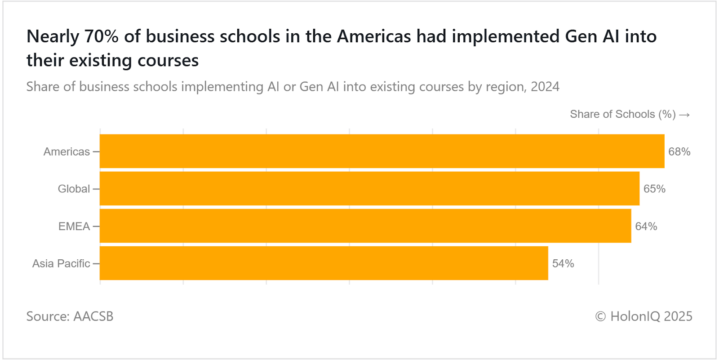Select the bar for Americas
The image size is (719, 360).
[x=382, y=151]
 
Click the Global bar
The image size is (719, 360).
[x=369, y=188]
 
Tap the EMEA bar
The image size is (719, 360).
[x=365, y=226]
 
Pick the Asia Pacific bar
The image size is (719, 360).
[x=324, y=263]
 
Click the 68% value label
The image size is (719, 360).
[x=679, y=151]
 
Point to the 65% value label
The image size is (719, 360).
[x=654, y=189]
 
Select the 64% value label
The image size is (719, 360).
[x=646, y=226]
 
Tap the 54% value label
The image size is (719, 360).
[x=563, y=263]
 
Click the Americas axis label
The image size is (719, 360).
[x=67, y=151]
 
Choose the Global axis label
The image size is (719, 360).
[x=74, y=189]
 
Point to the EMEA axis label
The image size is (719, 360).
[x=74, y=226]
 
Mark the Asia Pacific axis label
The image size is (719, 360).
[x=61, y=263]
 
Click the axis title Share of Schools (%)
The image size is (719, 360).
[x=622, y=114]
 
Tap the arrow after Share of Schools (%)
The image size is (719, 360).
[x=684, y=115]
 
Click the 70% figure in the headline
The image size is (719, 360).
[x=102, y=36]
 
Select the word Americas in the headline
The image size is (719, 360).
[x=374, y=36]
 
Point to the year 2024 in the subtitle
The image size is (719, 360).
[x=545, y=86]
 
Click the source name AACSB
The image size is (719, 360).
[x=93, y=316]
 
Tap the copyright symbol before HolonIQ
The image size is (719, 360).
[x=600, y=316]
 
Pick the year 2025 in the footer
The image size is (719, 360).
[x=678, y=316]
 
